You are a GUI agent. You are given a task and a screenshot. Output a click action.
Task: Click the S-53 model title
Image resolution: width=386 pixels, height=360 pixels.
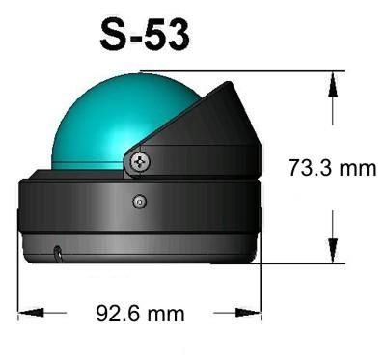click(x=145, y=35)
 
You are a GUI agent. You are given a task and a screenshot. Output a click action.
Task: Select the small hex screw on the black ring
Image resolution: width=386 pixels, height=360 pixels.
click(x=140, y=202)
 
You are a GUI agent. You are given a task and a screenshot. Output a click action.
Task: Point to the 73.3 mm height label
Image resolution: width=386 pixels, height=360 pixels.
click(x=332, y=168)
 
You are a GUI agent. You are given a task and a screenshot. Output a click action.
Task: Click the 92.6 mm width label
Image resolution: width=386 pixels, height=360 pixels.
click(x=141, y=314)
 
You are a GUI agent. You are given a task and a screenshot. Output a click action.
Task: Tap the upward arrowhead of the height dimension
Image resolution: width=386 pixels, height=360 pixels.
click(x=333, y=84)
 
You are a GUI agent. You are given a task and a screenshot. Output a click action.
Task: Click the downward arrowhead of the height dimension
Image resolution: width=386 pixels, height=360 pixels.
click(x=333, y=250)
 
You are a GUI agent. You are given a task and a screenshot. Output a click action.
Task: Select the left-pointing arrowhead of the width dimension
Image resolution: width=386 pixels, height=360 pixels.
click(x=31, y=313)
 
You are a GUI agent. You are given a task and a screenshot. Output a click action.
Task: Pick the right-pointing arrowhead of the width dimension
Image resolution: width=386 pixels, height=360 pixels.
click(x=248, y=313)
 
